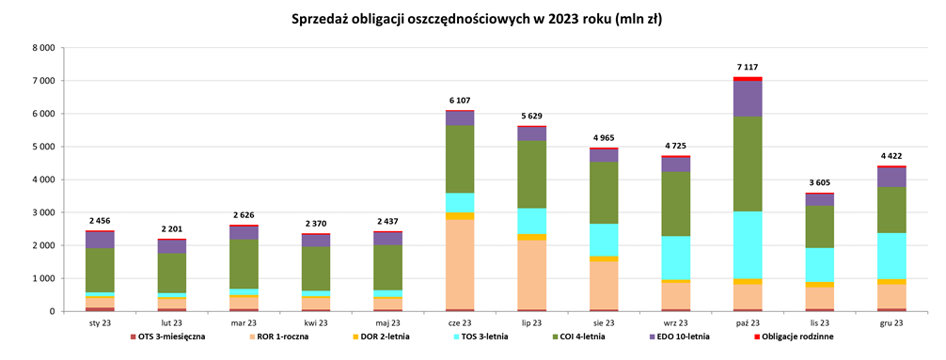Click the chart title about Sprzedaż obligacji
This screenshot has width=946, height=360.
click(472, 19)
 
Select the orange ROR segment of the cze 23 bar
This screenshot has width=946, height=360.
click(460, 264)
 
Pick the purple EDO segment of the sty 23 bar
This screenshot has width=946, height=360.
click(99, 240)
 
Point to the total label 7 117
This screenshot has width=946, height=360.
click(749, 68)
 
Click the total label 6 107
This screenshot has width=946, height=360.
click(460, 101)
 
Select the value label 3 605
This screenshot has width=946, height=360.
click(820, 183)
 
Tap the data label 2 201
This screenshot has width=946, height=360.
click(171, 229)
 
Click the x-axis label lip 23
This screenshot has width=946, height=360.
click(532, 322)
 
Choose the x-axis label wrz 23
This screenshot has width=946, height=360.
click(676, 322)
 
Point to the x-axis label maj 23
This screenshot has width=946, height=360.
click(387, 322)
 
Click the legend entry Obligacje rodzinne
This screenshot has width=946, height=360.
click(793, 337)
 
